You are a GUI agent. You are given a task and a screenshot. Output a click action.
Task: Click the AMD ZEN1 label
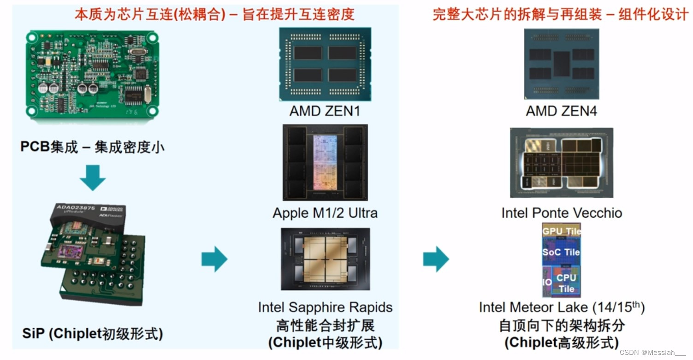tap(325, 112)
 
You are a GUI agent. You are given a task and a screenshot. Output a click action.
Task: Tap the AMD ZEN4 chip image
tap(561, 64)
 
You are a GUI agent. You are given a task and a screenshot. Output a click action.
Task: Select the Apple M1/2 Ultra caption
tap(325, 213)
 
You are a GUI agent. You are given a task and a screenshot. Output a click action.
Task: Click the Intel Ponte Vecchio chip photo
tap(561, 162)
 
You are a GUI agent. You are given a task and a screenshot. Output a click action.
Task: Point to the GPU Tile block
tap(561, 231)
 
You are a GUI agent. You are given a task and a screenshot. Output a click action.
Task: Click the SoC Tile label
tap(561, 252)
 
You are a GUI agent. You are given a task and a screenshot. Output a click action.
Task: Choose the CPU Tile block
tap(566, 283)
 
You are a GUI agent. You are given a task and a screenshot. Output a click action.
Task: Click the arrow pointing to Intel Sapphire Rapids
tap(214, 259)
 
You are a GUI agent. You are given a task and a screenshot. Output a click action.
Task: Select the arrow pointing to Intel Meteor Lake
tap(436, 259)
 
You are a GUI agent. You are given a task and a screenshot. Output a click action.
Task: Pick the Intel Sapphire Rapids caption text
tap(325, 307)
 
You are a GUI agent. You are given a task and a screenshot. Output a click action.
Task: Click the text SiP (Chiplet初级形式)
tap(92, 333)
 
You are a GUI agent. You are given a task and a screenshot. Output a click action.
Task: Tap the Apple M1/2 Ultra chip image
tap(325, 162)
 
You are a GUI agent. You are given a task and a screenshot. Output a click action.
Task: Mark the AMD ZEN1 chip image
tap(325, 64)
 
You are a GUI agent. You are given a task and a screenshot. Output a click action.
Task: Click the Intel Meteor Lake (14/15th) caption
tap(561, 307)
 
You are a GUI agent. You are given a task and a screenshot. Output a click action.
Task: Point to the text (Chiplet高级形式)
tap(561, 342)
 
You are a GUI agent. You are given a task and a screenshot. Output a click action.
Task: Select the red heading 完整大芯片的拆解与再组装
tap(517, 14)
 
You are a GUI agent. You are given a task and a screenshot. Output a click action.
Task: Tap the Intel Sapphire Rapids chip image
tap(325, 259)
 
